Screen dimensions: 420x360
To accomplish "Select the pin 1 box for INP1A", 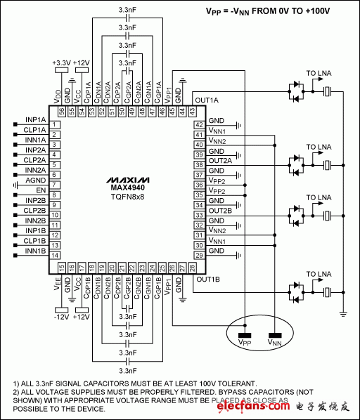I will tap(53, 124).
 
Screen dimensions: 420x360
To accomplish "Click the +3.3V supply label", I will tap(61, 62).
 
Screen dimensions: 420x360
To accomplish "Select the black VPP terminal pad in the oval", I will tap(245, 335).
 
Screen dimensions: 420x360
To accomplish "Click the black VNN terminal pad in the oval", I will tap(275, 335).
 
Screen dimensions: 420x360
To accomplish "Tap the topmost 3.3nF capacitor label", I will tap(127, 8).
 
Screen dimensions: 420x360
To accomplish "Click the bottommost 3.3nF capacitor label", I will tap(127, 369).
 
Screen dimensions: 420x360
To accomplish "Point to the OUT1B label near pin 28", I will tap(208, 279).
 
